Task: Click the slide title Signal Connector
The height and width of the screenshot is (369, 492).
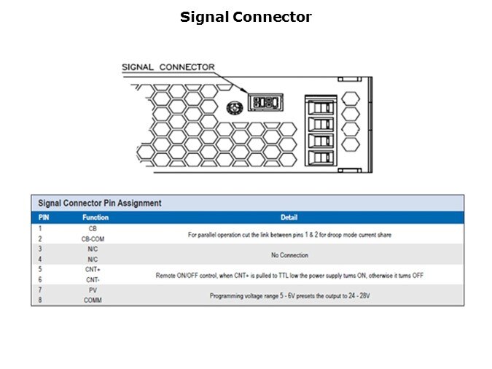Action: (x=246, y=17)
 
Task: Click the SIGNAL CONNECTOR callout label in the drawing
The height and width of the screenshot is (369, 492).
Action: (x=168, y=67)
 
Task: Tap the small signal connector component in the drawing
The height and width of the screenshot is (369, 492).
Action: (x=265, y=101)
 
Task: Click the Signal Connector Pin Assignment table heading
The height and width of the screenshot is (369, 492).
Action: (x=100, y=203)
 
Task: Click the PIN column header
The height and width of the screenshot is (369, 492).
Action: (x=44, y=217)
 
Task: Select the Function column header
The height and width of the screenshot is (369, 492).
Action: (x=95, y=217)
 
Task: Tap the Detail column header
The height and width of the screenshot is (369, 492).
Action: (x=289, y=217)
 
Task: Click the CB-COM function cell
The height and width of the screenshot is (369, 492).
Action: (x=93, y=238)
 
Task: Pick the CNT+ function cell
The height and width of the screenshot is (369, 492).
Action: (x=93, y=269)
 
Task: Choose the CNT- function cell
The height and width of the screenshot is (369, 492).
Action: (x=93, y=279)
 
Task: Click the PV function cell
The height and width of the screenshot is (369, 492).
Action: (x=93, y=290)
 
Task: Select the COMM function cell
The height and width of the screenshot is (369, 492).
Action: (x=93, y=300)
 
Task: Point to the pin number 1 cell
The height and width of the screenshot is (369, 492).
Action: (x=40, y=228)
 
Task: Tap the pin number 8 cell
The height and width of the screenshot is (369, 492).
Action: (x=40, y=300)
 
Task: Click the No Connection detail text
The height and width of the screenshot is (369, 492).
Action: (x=289, y=255)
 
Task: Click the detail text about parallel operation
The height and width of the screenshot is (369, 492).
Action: (x=289, y=235)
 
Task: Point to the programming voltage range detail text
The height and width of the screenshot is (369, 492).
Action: (x=289, y=296)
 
